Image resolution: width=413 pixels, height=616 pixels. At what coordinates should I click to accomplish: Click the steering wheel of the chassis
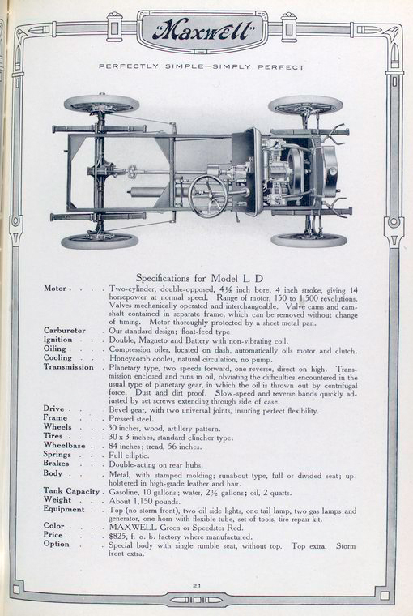[x=208, y=195]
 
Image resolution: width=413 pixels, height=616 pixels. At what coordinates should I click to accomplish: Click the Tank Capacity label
[x=72, y=490]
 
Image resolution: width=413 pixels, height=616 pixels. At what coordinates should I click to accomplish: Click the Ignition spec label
[x=62, y=340]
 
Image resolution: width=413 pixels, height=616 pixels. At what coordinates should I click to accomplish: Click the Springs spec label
[x=61, y=454]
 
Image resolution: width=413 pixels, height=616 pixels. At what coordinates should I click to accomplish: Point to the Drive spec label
[x=55, y=410]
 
